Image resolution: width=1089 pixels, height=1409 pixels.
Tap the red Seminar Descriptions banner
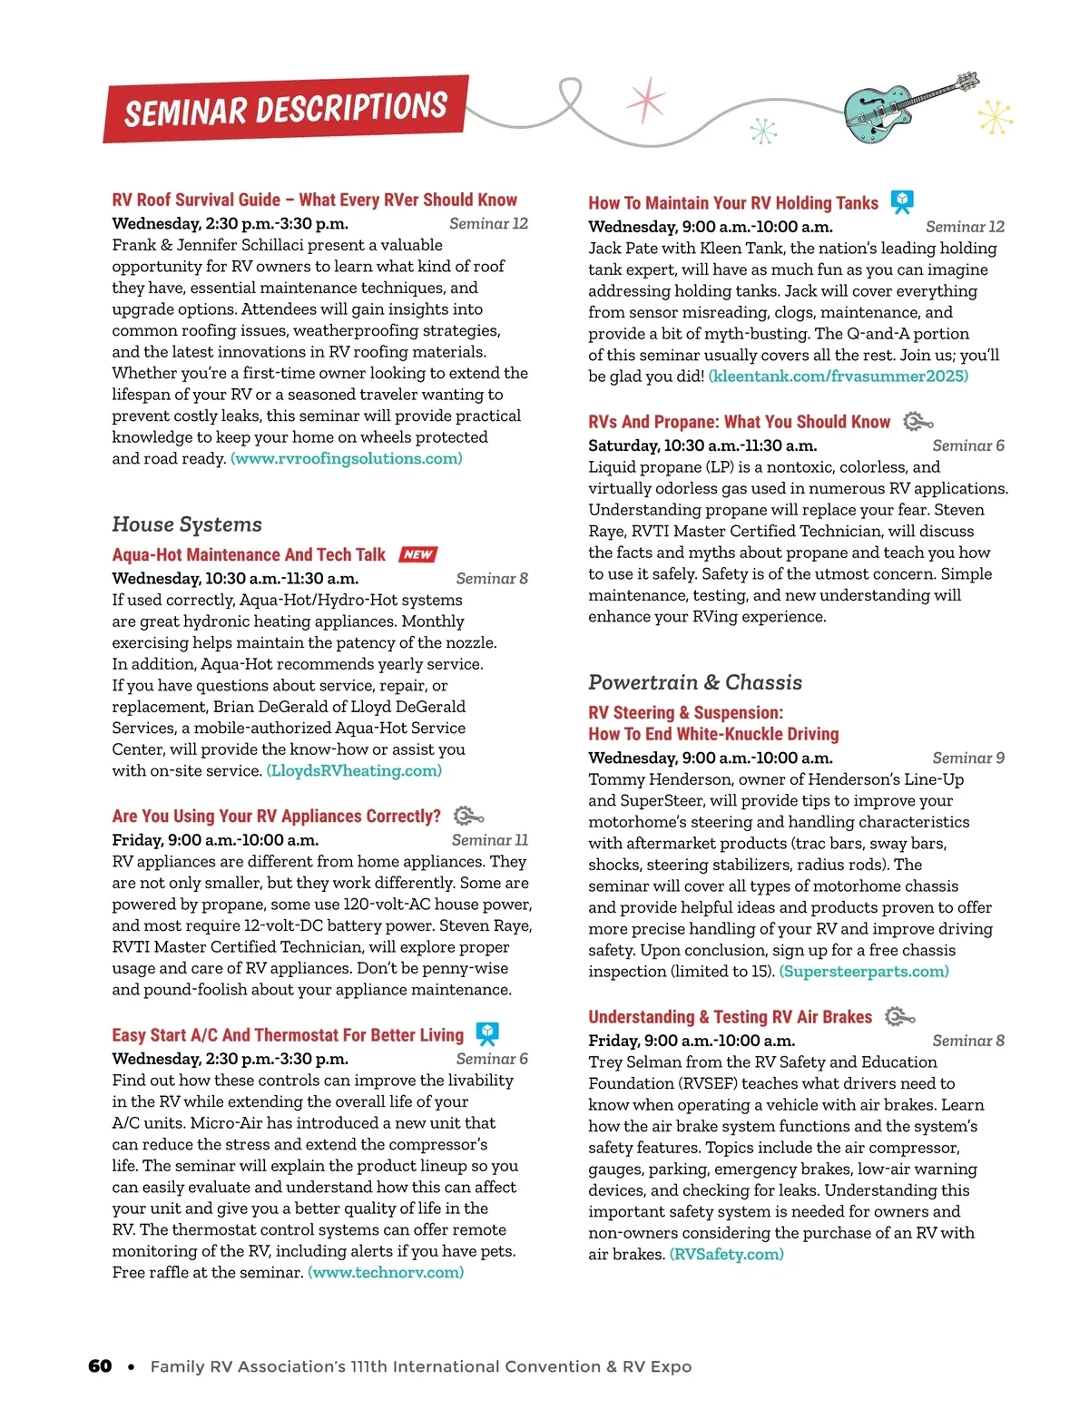(x=286, y=109)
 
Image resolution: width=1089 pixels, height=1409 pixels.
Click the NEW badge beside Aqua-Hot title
(x=417, y=554)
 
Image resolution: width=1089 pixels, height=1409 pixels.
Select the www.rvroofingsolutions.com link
(x=347, y=458)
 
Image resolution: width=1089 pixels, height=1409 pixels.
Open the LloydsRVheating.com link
(x=354, y=770)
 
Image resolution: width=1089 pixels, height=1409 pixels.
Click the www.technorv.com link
(x=386, y=1272)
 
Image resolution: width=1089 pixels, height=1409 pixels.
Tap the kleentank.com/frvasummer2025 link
(x=838, y=376)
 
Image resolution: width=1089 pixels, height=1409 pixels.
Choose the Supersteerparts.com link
(x=864, y=971)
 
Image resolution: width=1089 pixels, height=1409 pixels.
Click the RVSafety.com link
(x=726, y=1254)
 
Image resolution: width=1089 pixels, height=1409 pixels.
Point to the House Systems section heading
(x=187, y=524)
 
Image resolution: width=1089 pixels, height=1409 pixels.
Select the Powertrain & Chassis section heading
(x=695, y=682)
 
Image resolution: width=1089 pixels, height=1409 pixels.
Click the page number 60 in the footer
(x=100, y=1366)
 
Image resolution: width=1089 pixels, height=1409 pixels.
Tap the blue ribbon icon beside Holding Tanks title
(x=901, y=201)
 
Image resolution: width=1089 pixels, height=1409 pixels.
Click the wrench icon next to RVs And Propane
(x=918, y=422)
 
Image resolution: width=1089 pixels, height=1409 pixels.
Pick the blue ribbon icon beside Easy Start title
(x=487, y=1034)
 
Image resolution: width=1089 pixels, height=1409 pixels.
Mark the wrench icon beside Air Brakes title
(x=899, y=1017)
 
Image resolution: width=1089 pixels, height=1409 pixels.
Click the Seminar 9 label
(x=968, y=758)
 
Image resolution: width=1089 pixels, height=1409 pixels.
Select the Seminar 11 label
(x=489, y=840)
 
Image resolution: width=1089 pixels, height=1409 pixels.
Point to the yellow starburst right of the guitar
(x=996, y=117)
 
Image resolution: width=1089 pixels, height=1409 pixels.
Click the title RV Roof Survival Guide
(x=314, y=200)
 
